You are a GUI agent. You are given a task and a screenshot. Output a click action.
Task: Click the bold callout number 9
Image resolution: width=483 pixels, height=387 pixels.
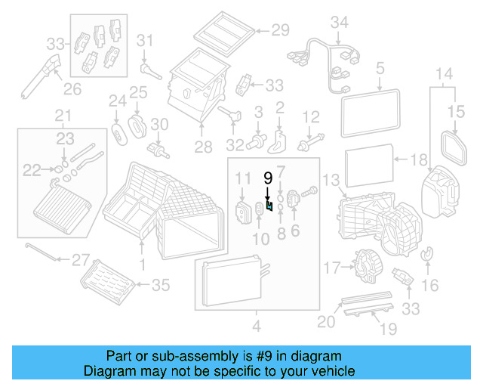point(267,178)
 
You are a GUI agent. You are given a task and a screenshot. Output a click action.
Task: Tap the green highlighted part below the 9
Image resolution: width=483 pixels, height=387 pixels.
point(269,208)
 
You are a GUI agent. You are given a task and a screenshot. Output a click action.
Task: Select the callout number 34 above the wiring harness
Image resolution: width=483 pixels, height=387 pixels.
point(340,23)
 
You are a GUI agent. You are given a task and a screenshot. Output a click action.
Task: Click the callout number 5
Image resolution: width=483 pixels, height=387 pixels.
point(380,70)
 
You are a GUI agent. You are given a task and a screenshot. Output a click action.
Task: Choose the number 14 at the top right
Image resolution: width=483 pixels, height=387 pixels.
point(445,74)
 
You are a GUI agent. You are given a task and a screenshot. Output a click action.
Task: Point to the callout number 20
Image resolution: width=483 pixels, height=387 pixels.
point(325,322)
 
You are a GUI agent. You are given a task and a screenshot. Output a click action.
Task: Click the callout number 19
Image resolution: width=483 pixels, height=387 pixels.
point(387,329)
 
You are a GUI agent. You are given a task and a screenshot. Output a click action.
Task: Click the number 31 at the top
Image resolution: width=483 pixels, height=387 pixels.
point(145,40)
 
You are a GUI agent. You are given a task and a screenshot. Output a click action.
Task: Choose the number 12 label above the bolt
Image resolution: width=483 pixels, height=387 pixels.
point(312,116)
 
